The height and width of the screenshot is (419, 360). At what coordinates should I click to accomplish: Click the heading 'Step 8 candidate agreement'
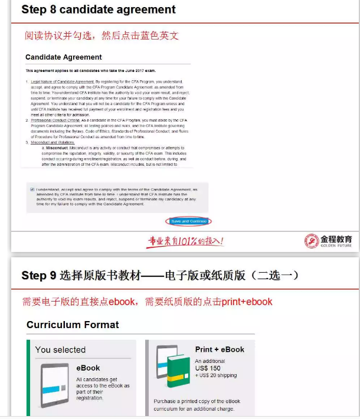click(99, 10)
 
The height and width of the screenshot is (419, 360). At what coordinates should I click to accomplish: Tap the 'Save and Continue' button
click(189, 221)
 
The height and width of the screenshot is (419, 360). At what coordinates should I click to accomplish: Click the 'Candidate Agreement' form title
click(64, 57)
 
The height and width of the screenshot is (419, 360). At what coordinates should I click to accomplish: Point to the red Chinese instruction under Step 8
click(102, 35)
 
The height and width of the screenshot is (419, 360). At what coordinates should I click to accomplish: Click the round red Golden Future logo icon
click(311, 241)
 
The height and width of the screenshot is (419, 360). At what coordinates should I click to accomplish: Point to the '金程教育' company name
click(336, 238)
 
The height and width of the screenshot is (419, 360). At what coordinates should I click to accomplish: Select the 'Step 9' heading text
click(38, 276)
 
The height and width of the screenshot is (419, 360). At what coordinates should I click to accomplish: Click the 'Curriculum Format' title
click(73, 325)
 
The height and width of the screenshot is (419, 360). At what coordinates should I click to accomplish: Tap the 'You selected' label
click(60, 349)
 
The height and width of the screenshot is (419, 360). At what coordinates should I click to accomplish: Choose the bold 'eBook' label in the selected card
click(88, 368)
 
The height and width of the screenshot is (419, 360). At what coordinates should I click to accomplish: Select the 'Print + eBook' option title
click(220, 349)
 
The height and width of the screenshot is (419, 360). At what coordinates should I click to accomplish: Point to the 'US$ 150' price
click(207, 368)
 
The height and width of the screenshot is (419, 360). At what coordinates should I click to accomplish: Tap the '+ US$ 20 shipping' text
click(216, 376)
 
